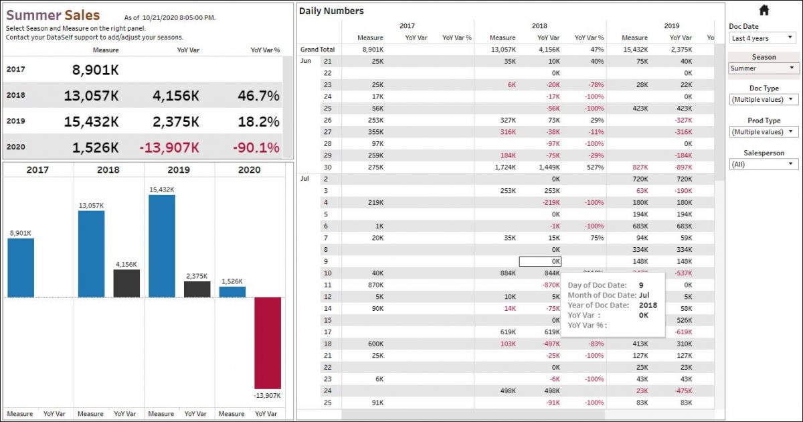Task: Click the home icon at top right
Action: (764, 9)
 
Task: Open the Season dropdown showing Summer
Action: (764, 68)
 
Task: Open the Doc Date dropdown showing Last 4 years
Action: (764, 38)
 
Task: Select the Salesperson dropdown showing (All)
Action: (764, 164)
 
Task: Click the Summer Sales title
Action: (53, 15)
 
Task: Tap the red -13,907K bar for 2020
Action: (268, 342)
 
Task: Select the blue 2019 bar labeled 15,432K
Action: (161, 246)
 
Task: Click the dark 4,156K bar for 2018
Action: (126, 283)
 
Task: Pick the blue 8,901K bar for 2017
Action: (21, 267)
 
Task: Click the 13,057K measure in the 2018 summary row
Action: (91, 96)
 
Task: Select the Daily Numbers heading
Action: (331, 11)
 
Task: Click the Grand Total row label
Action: (317, 50)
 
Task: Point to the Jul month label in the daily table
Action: (305, 179)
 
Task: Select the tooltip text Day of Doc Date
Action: (597, 285)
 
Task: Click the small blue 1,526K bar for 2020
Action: (232, 292)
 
